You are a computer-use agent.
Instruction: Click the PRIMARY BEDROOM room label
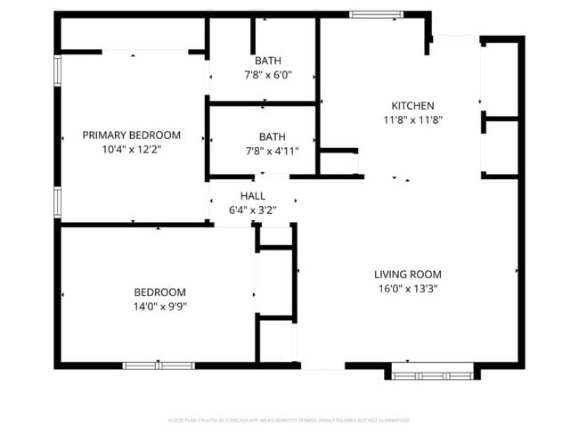pos(131,135)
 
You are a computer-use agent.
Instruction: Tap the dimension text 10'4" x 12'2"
pos(131,150)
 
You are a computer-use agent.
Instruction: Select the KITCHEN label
pos(412,105)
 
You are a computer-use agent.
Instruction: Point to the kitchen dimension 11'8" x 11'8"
pos(412,119)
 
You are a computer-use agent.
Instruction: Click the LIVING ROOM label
pos(407,275)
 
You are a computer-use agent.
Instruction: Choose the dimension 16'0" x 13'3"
pos(407,289)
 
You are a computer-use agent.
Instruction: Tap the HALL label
pos(253,196)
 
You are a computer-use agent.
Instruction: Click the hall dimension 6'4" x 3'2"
pos(253,210)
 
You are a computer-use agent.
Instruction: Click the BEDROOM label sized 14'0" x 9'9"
pos(159,292)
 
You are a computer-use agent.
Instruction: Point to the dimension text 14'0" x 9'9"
pos(159,307)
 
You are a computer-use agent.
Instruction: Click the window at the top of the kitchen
pos(368,14)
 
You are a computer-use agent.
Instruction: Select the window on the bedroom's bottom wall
pos(159,365)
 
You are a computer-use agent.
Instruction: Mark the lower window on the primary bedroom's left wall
pos(58,201)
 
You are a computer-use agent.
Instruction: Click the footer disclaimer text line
pos(289,419)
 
